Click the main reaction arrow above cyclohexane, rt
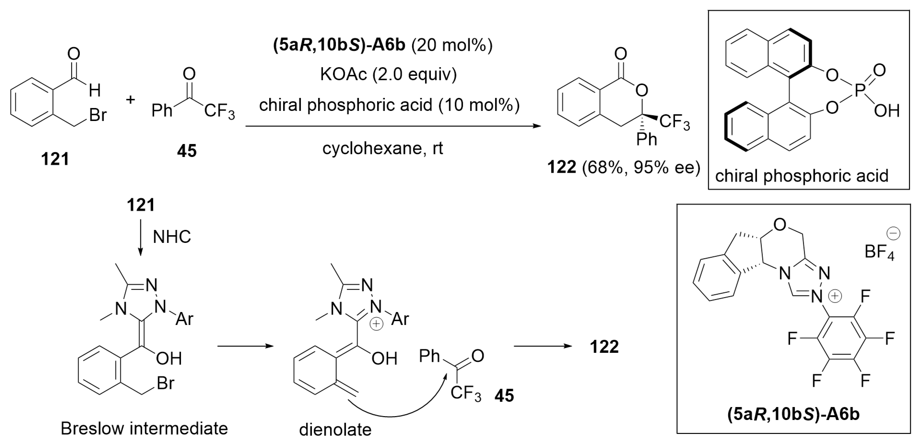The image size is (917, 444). point(392,126)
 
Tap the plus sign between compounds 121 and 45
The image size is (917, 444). point(131,99)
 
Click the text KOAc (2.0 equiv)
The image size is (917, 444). point(388,74)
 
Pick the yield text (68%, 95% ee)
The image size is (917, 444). point(641,167)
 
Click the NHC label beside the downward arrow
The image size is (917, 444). point(172,237)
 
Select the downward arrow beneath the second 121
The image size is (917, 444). point(141,237)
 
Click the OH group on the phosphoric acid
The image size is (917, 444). point(886,111)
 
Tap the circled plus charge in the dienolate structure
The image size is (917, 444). point(377,324)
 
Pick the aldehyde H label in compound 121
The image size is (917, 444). point(95,90)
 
